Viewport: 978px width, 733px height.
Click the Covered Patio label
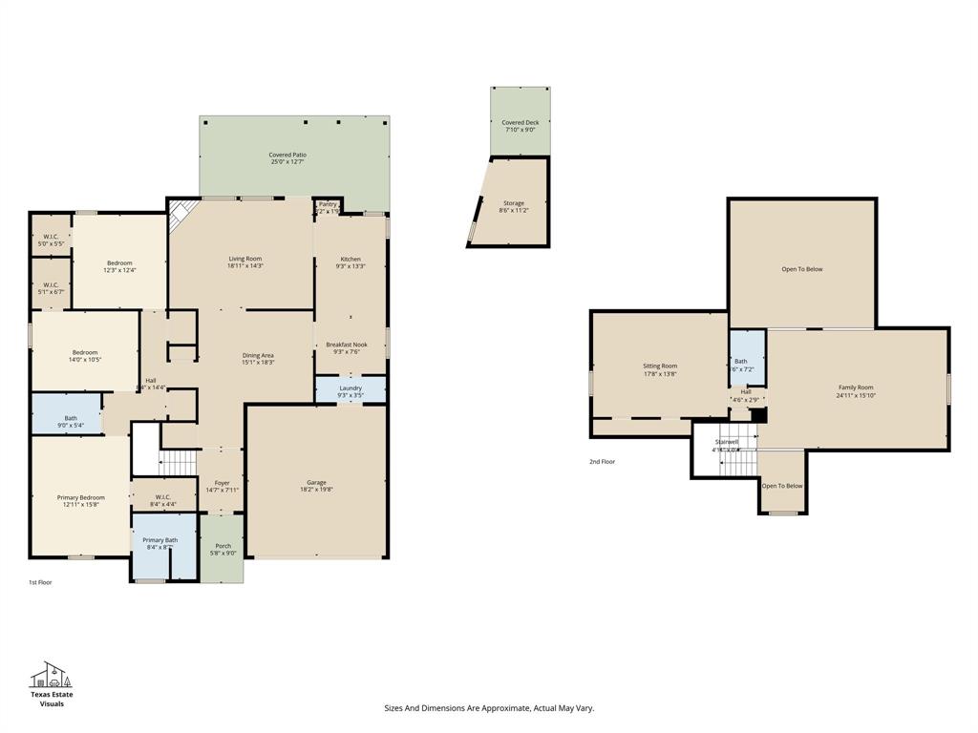pyautogui.click(x=287, y=155)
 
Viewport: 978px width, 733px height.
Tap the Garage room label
pyautogui.click(x=316, y=483)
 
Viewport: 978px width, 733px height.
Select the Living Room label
pyautogui.click(x=244, y=259)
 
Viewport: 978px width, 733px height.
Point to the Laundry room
pyautogui.click(x=351, y=388)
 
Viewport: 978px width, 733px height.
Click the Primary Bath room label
pyautogui.click(x=159, y=540)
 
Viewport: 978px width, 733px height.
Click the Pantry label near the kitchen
pyautogui.click(x=328, y=204)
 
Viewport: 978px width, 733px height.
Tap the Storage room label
pyautogui.click(x=514, y=203)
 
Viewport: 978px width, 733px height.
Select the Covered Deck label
pyautogui.click(x=520, y=123)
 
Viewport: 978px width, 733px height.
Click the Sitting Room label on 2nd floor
pyautogui.click(x=659, y=366)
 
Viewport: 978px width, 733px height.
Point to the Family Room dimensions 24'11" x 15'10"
pyautogui.click(x=855, y=395)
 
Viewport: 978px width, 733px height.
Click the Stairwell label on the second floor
pyautogui.click(x=727, y=442)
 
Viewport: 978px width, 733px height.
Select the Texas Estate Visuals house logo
pyautogui.click(x=51, y=675)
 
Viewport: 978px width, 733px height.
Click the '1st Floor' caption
pyautogui.click(x=40, y=581)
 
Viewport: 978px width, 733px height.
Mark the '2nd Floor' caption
pyautogui.click(x=602, y=462)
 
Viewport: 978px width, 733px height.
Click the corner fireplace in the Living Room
pyautogui.click(x=181, y=215)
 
